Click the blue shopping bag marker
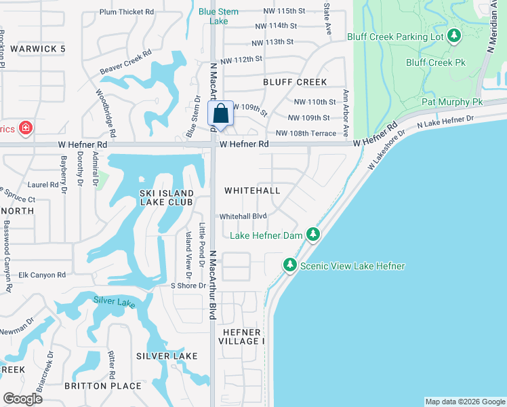point(220,113)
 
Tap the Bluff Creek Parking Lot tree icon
point(453,36)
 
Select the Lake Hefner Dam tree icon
point(312,235)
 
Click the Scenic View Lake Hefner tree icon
point(290,265)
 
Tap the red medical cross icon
point(25,128)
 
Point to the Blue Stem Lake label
point(218,16)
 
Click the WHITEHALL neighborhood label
point(251,191)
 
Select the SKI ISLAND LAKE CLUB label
point(166,197)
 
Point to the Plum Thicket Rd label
point(127,12)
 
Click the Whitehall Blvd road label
point(243,216)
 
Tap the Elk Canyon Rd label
point(42,275)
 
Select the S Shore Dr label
point(188,286)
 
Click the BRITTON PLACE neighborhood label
point(103,386)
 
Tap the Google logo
point(22,398)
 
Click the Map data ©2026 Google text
point(465,402)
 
